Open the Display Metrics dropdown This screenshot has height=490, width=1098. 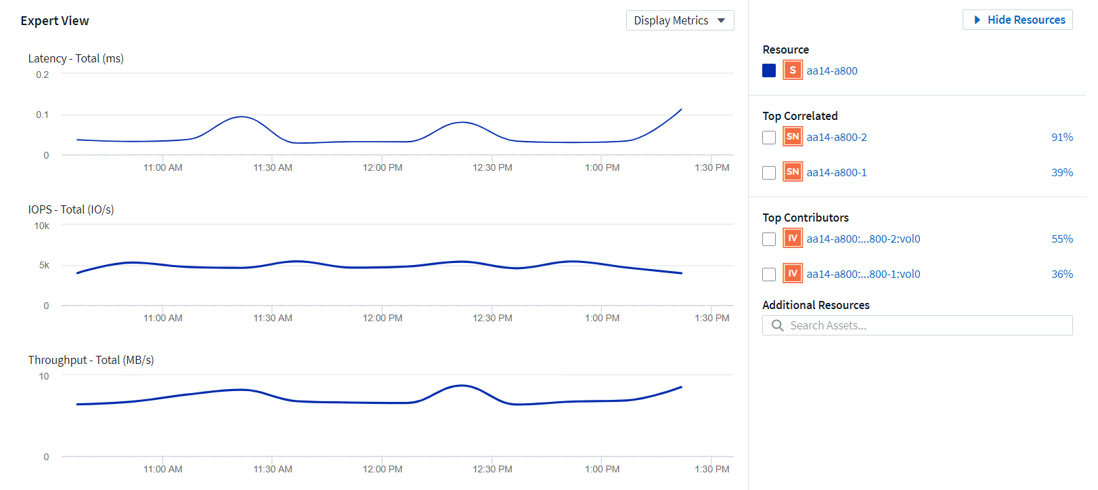(x=680, y=20)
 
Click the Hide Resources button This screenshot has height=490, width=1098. (x=1017, y=20)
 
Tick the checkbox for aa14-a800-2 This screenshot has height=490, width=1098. (x=769, y=138)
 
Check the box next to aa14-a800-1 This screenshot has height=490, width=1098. (x=769, y=173)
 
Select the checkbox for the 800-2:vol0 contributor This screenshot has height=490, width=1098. (x=769, y=239)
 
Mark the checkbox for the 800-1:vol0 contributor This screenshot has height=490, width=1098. (x=769, y=274)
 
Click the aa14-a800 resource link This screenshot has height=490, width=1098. (x=831, y=70)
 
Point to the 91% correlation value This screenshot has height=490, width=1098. (x=1061, y=137)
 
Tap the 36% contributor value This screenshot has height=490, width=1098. (x=1061, y=274)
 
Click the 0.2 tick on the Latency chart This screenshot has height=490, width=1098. (x=43, y=75)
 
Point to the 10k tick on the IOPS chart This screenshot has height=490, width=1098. (x=42, y=226)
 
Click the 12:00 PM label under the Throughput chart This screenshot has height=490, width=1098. (x=382, y=469)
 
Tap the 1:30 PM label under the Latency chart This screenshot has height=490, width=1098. (x=711, y=167)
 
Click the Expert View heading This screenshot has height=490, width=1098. (x=55, y=21)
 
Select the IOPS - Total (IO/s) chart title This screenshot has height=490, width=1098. (x=71, y=209)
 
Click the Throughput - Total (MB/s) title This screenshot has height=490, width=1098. (x=91, y=360)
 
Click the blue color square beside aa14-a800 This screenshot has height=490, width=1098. (x=769, y=70)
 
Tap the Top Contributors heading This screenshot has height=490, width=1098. (x=805, y=218)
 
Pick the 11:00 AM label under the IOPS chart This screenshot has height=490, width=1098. (x=162, y=318)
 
